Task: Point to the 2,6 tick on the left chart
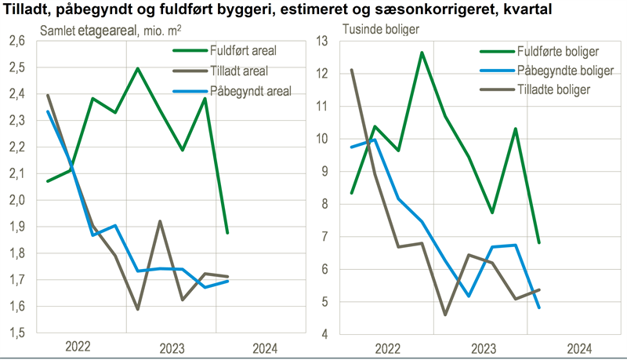tap(16, 41)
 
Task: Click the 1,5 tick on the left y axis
tap(16, 333)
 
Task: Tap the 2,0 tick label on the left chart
tap(16, 200)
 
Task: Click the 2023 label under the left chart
tap(173, 347)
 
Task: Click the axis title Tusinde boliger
tap(382, 29)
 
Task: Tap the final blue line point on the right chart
tap(539, 307)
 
